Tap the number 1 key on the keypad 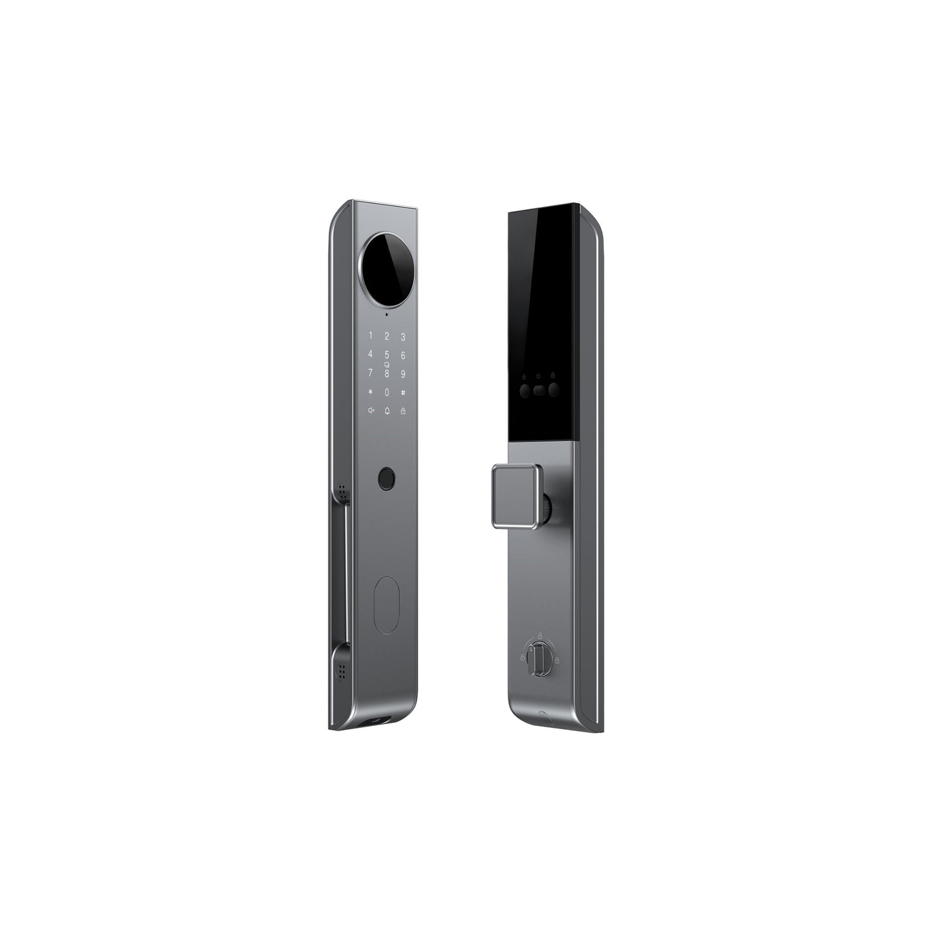[x=370, y=336]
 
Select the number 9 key [x=403, y=373]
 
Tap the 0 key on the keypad [x=387, y=392]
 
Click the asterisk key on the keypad [x=370, y=392]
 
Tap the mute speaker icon [x=371, y=411]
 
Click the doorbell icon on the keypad [x=387, y=411]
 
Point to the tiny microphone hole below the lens [x=386, y=315]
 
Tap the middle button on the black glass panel [x=539, y=389]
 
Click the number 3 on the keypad [x=403, y=336]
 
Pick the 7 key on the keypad [x=370, y=373]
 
